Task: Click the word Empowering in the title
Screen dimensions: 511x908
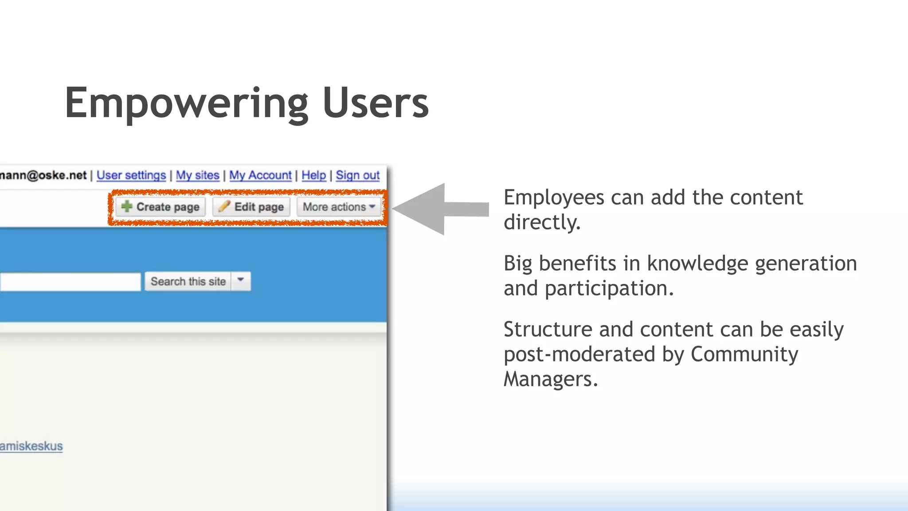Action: [186, 103]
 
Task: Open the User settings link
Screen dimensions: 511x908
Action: [131, 175]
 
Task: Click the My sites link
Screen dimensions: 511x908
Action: [198, 175]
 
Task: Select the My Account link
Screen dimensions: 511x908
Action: [260, 175]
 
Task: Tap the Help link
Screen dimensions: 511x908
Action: [313, 175]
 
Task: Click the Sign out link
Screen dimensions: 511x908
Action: [357, 175]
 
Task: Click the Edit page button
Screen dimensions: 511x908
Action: [251, 207]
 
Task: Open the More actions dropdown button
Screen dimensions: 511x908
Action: [339, 207]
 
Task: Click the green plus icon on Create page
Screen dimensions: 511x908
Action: [127, 206]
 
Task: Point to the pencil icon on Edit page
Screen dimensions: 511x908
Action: [224, 206]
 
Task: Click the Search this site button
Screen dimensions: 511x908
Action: [188, 282]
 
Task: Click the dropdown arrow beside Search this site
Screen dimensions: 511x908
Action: [241, 281]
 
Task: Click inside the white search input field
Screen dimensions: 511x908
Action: [70, 282]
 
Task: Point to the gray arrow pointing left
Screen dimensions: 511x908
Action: [439, 208]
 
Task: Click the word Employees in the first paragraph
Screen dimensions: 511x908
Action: [553, 198]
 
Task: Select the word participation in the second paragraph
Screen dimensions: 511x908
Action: [609, 289]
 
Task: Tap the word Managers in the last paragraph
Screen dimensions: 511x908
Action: [550, 379]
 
